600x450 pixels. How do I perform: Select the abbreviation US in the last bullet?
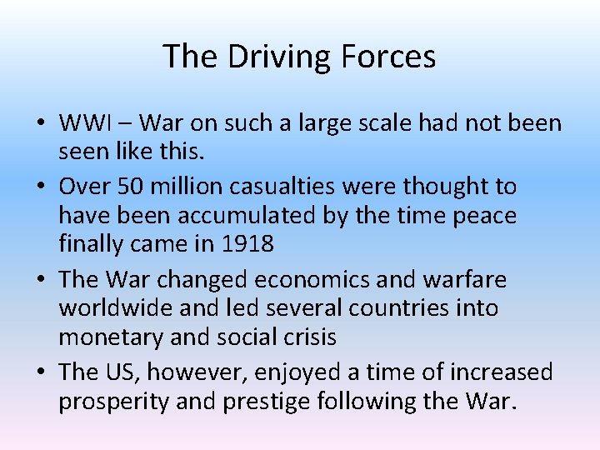(x=122, y=371)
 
